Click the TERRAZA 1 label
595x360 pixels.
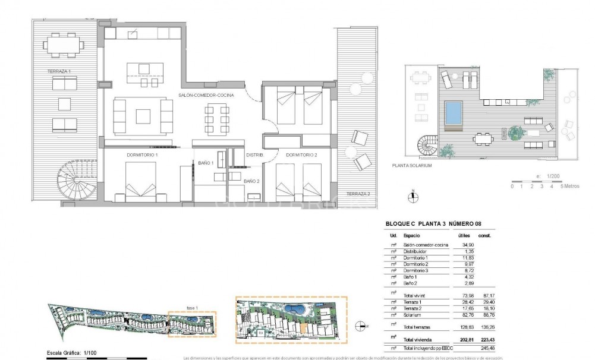point(59,71)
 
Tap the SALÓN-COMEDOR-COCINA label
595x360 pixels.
point(206,95)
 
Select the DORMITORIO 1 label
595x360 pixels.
point(142,154)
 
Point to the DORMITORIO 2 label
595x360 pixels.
point(301,154)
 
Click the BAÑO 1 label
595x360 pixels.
point(206,163)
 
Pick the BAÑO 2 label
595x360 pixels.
point(252,180)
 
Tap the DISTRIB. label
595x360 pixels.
point(255,154)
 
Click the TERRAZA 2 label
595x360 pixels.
point(358,194)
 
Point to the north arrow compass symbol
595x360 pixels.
point(412,197)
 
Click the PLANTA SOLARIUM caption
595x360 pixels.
point(411,166)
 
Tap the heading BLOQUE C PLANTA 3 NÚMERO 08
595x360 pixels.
point(432,224)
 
